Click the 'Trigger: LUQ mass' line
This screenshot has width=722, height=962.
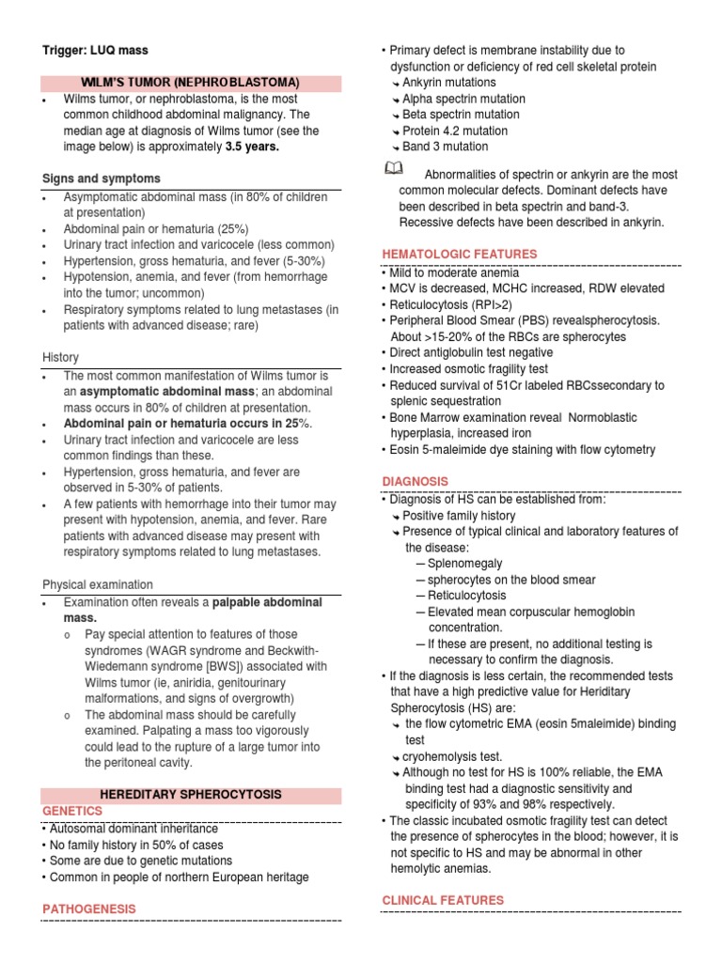[x=95, y=50]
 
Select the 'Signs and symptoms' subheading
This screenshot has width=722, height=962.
[x=102, y=178]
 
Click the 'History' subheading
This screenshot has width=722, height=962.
[x=61, y=357]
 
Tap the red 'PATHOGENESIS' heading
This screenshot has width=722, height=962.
[x=89, y=908]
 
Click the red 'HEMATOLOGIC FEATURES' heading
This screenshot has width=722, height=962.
[x=459, y=254]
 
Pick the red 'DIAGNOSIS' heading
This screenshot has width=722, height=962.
[x=415, y=481]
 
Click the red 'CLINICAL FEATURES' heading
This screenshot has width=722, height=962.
[x=442, y=900]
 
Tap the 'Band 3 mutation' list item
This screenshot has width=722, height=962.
[x=445, y=147]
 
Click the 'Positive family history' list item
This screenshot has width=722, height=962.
[x=459, y=516]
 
